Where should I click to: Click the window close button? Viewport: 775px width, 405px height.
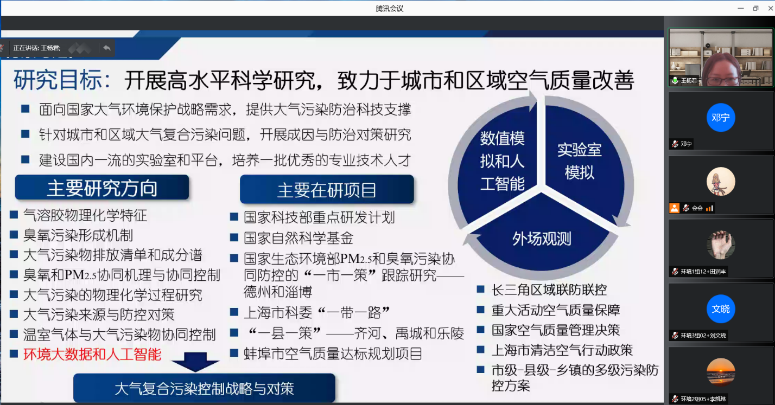[x=771, y=8]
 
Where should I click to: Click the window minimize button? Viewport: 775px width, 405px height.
[x=740, y=8]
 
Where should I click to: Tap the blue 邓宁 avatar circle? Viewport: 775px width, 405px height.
[x=721, y=118]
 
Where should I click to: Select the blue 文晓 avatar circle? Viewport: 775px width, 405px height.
[x=721, y=309]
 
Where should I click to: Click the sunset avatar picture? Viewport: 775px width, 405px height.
[x=721, y=372]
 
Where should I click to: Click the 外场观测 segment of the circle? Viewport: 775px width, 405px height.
[x=542, y=239]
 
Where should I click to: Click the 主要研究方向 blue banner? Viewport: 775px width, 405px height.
[x=102, y=188]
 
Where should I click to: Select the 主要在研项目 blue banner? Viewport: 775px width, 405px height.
[x=327, y=189]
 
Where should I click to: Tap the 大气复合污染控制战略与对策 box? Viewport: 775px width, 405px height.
[x=204, y=388]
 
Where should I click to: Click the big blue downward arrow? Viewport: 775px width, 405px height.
[x=195, y=362]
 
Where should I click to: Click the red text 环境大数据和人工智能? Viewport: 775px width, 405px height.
[x=92, y=354]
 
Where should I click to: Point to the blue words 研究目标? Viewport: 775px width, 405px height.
[x=58, y=80]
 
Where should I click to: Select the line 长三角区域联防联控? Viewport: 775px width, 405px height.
[x=549, y=290]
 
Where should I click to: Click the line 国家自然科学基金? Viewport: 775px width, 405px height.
[x=298, y=238]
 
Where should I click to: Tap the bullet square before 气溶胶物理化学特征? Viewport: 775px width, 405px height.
[x=14, y=215]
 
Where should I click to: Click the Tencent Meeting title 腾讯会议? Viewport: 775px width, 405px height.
[x=390, y=8]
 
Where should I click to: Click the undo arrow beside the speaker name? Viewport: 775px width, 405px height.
[x=107, y=48]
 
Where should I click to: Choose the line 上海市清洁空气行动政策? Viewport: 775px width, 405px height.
[x=562, y=350]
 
